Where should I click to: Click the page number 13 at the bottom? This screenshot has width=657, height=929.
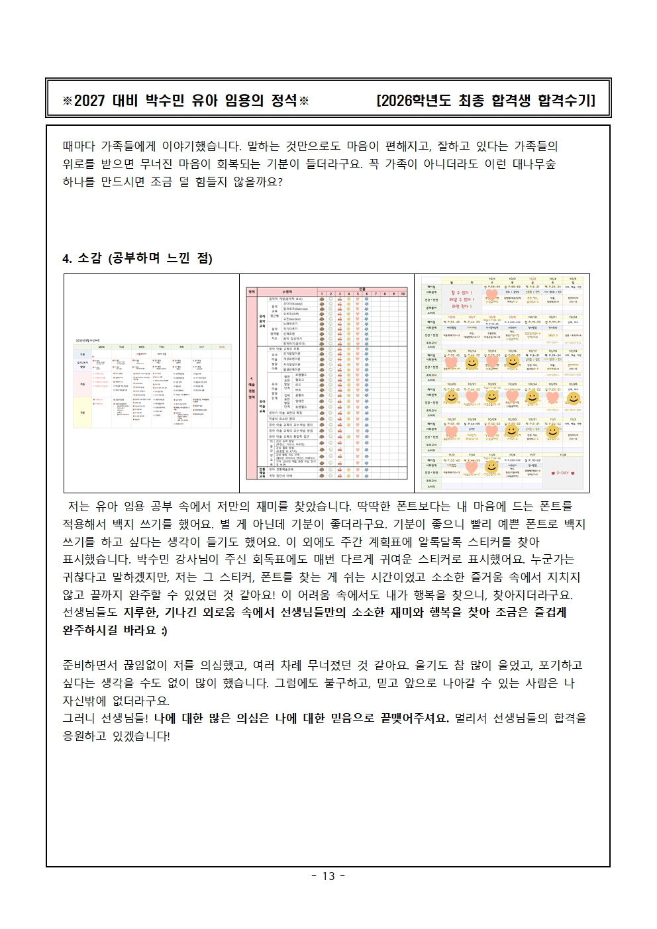328,876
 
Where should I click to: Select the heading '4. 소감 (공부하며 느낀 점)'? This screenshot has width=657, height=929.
137,258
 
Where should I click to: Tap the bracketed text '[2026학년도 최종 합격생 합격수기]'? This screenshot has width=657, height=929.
485,100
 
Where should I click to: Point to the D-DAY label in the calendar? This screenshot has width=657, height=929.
562,473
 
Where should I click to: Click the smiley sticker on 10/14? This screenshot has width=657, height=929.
472,363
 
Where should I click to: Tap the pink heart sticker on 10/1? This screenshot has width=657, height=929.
491,294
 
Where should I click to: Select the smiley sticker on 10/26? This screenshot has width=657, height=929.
574,398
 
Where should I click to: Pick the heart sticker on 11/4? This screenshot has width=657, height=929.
472,467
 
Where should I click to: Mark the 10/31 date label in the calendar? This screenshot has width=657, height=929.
532,419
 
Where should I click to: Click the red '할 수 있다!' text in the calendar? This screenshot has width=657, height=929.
462,292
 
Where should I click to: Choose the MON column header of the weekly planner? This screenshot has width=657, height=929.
101,347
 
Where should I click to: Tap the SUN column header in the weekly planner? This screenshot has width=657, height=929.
222,347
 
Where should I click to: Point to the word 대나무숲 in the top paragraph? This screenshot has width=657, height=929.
534,164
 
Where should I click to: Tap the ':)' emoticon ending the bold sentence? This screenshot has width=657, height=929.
164,630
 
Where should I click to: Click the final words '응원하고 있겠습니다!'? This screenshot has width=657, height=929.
117,736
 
